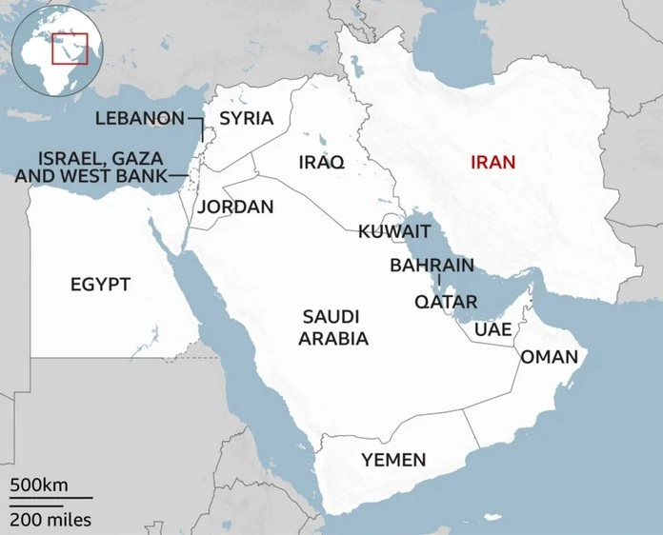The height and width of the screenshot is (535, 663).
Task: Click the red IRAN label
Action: coord(492,162)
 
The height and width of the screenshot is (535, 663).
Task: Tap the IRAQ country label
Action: coord(320,163)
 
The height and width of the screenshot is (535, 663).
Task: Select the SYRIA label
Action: coord(246,118)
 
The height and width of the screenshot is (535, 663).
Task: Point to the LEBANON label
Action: coord(139,118)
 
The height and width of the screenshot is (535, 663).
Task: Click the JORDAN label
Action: coord(235,207)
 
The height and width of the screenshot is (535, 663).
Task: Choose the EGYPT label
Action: coord(100,284)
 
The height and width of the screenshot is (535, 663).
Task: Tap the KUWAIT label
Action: coord(394,231)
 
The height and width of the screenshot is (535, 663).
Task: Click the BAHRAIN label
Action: coord(432,265)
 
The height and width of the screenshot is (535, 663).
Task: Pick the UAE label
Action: coord(492,329)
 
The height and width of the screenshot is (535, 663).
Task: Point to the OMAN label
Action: coord(549,357)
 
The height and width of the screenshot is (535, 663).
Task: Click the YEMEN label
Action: coord(393,460)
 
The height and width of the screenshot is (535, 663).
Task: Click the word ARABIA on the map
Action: coord(333,338)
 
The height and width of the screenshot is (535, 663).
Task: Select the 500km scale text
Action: coord(39,485)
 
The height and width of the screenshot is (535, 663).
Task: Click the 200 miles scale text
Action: coord(51,520)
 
